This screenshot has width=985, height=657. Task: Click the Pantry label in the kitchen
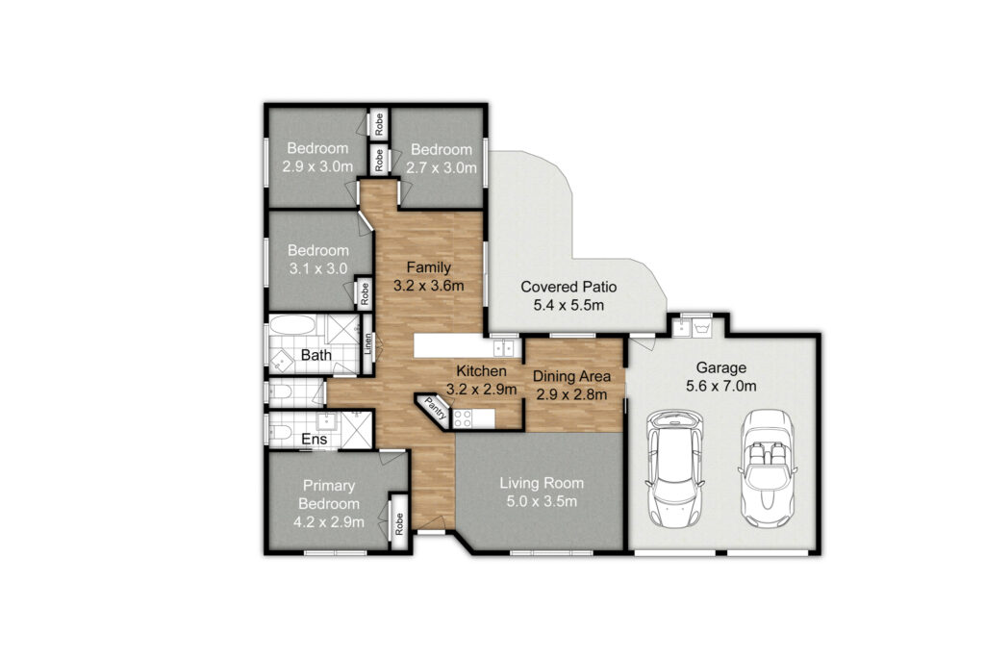click(x=436, y=407)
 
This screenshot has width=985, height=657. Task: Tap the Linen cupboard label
click(x=368, y=343)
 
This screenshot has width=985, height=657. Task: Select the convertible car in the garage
click(x=767, y=467)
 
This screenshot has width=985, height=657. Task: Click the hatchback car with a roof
click(x=674, y=468)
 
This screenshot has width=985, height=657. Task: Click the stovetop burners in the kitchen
click(x=463, y=417)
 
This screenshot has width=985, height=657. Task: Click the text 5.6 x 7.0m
click(x=721, y=386)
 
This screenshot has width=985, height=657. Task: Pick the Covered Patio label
click(x=568, y=287)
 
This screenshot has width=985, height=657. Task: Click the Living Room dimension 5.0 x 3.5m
click(x=542, y=501)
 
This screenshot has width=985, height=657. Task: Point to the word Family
click(x=428, y=267)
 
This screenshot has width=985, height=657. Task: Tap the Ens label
click(x=315, y=439)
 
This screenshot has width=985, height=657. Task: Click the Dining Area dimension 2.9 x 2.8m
click(x=571, y=394)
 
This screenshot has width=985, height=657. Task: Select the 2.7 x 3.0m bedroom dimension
click(x=441, y=167)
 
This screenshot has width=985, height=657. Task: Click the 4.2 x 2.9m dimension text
click(x=329, y=522)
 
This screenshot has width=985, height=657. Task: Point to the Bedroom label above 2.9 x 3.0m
click(x=317, y=148)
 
